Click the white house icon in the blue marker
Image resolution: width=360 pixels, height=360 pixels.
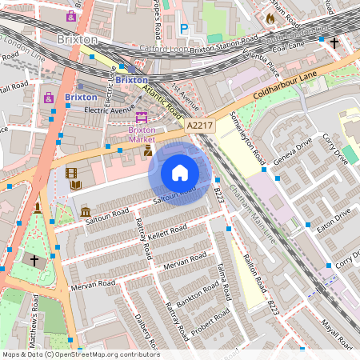coord(180,173)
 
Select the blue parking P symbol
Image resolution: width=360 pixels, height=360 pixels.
coord(184,30)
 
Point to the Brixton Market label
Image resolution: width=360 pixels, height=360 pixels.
coord(142,134)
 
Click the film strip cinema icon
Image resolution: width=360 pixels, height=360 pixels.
coord(72,173)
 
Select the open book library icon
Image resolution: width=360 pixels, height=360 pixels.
coord(75,186)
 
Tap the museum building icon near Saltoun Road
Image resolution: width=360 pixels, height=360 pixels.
coord(85,212)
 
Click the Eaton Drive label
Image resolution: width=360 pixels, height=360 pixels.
coord(332,222)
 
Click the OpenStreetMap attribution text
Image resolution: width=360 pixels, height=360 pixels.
coord(80,354)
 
